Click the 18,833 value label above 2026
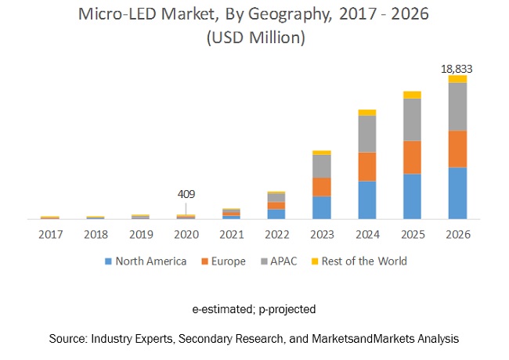pyautogui.click(x=457, y=69)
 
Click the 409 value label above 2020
pyautogui.click(x=186, y=194)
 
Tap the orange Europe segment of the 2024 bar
pyautogui.click(x=366, y=167)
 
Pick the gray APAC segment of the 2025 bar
pyautogui.click(x=412, y=120)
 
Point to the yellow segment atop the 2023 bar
pyautogui.click(x=321, y=153)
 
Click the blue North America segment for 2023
pyautogui.click(x=321, y=207)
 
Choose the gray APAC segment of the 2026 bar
pyautogui.click(x=457, y=106)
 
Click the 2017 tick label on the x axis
pyautogui.click(x=50, y=234)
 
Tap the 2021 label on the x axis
pyautogui.click(x=231, y=234)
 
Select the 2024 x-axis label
pyautogui.click(x=366, y=234)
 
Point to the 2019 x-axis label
pyautogui.click(x=140, y=234)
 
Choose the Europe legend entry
pyautogui.click(x=228, y=261)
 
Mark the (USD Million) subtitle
pyautogui.click(x=254, y=37)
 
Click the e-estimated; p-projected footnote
pyautogui.click(x=254, y=309)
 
